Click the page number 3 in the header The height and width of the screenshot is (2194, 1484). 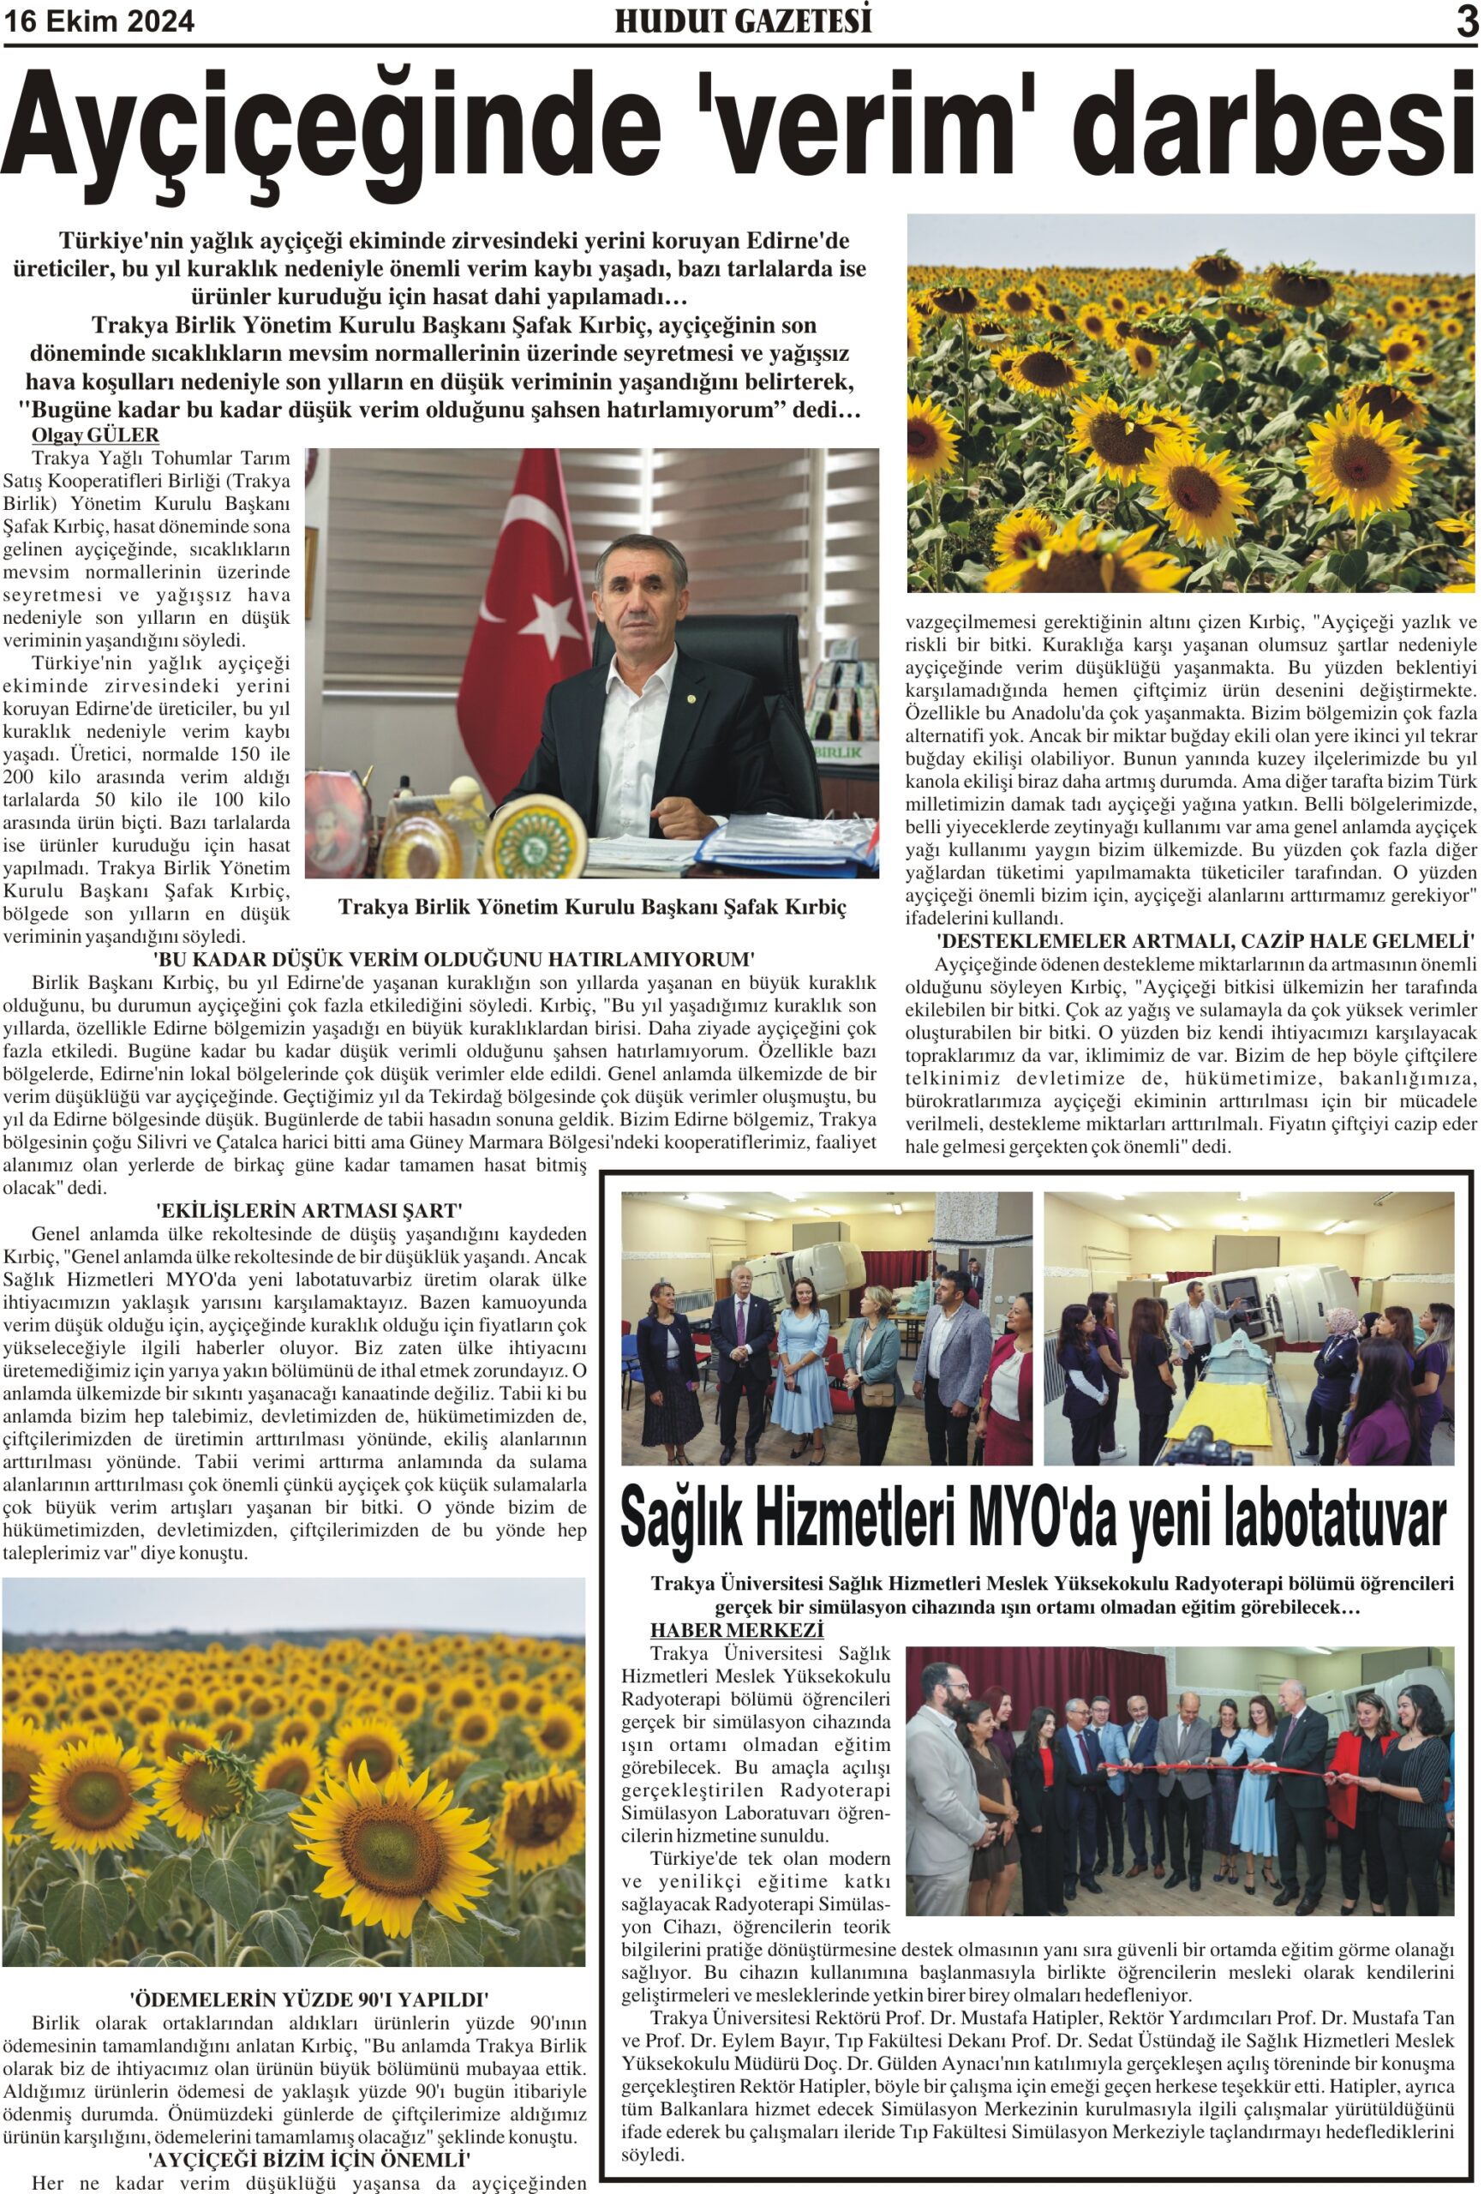(1466, 21)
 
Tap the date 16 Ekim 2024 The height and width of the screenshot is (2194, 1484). (100, 21)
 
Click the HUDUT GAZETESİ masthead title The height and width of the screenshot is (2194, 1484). (743, 21)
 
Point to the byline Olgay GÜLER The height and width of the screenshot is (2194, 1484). (95, 435)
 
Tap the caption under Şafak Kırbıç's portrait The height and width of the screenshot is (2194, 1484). (592, 908)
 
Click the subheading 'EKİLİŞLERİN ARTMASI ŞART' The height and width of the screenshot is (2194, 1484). (308, 1210)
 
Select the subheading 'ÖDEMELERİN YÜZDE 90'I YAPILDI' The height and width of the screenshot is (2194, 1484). (308, 1999)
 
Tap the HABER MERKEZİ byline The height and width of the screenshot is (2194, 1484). (736, 1657)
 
